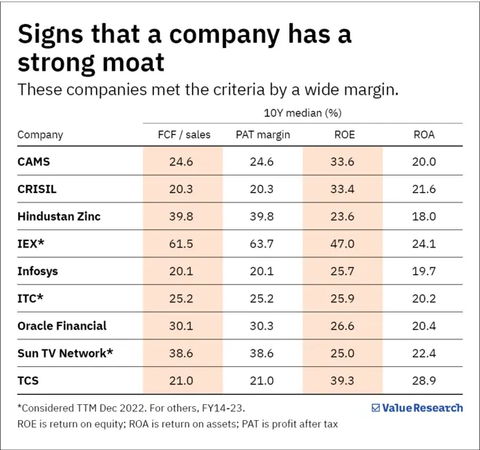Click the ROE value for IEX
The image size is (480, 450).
pyautogui.click(x=343, y=244)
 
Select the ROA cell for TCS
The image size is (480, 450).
pyautogui.click(x=424, y=380)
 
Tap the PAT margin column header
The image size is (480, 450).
pyautogui.click(x=263, y=135)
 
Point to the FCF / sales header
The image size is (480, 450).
pyautogui.click(x=184, y=135)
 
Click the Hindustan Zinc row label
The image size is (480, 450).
pyautogui.click(x=59, y=216)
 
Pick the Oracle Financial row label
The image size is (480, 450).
pyautogui.click(x=62, y=326)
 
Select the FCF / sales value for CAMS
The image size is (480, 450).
pyautogui.click(x=181, y=162)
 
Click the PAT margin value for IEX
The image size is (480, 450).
pyautogui.click(x=262, y=244)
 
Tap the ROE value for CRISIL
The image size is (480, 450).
pyautogui.click(x=343, y=189)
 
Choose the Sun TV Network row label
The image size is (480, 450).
pyautogui.click(x=65, y=353)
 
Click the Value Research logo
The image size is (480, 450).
pyautogui.click(x=417, y=408)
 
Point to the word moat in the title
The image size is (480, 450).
pyautogui.click(x=134, y=63)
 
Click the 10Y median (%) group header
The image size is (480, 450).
pyautogui.click(x=303, y=113)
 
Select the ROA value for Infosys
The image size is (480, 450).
pyautogui.click(x=424, y=271)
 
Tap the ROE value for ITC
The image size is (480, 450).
pyautogui.click(x=343, y=299)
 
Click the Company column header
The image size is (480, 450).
pyautogui.click(x=40, y=135)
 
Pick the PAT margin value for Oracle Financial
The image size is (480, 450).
pyautogui.click(x=262, y=326)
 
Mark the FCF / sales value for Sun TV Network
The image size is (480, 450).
pyautogui.click(x=181, y=353)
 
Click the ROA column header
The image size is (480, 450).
pyautogui.click(x=424, y=135)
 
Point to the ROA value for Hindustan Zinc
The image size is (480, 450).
pyautogui.click(x=424, y=216)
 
